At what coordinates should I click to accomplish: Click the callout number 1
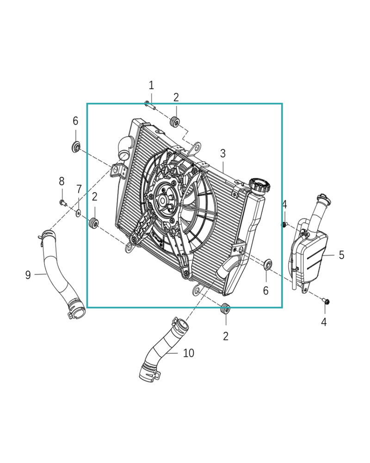coord(151,86)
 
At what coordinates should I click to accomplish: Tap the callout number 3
coord(223,153)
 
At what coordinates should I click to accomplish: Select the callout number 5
coord(341,255)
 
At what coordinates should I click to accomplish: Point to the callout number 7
coord(79,189)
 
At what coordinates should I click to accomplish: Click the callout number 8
coord(62,181)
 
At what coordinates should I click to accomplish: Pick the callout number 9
coord(28,275)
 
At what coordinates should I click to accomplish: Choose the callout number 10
coord(189,353)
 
